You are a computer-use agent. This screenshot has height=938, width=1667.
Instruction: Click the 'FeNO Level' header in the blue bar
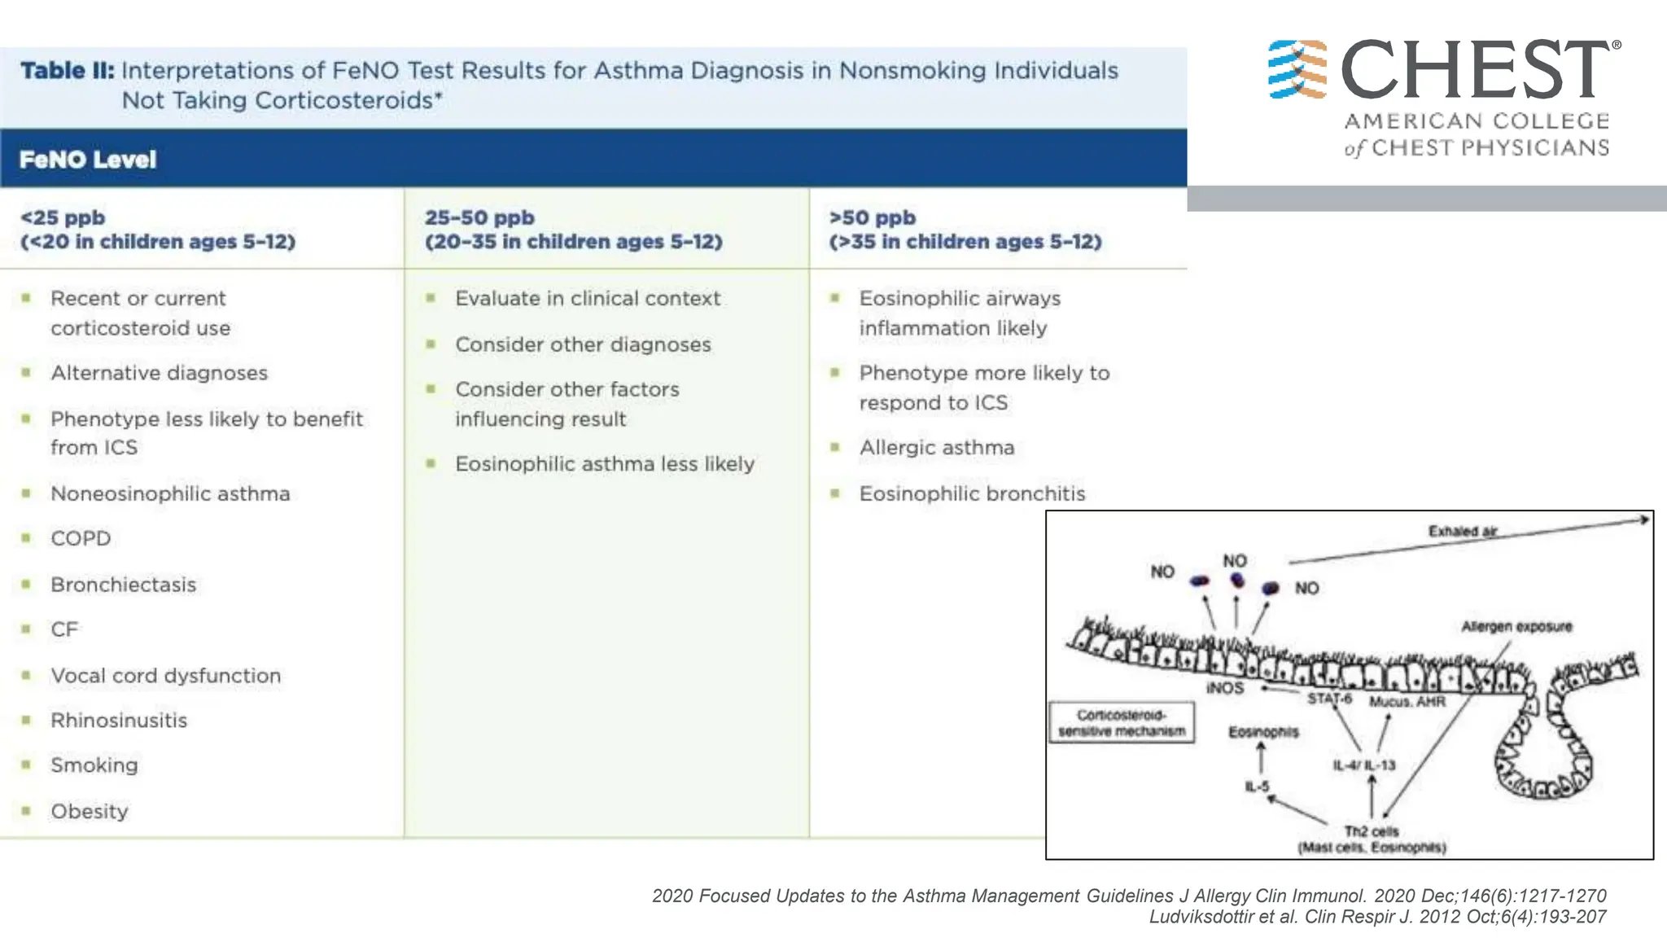click(x=88, y=160)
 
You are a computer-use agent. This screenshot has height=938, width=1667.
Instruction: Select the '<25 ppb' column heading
click(x=63, y=218)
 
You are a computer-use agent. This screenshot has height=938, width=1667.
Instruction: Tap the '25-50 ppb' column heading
click(x=479, y=218)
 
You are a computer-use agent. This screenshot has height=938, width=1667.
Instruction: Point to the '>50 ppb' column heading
click(x=872, y=218)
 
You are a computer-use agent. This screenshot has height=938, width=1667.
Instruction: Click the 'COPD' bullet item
click(x=81, y=539)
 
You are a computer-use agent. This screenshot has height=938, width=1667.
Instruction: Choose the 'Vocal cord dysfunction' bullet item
click(x=165, y=676)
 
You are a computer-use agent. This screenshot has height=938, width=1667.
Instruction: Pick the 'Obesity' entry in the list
click(x=90, y=812)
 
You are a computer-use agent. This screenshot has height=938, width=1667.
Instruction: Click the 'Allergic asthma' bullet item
click(x=937, y=448)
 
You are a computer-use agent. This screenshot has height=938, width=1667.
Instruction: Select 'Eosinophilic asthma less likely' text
click(x=605, y=464)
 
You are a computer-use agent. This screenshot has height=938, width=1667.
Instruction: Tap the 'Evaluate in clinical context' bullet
click(x=587, y=299)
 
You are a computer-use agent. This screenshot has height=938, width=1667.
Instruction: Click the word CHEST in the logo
click(x=1474, y=71)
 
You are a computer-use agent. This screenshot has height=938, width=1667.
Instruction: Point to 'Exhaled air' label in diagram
click(x=1463, y=531)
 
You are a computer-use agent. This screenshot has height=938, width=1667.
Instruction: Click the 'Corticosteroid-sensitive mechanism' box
click(x=1122, y=723)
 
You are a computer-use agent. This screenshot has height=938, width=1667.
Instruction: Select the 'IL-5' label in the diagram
click(x=1257, y=787)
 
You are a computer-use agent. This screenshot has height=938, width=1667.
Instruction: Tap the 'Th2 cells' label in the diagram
click(x=1371, y=831)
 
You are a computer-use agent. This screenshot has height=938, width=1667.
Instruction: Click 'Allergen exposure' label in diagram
click(x=1516, y=626)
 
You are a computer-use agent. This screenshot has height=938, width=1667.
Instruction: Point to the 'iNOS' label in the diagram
click(x=1225, y=688)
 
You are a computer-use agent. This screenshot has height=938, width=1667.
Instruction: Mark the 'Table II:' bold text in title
click(x=68, y=71)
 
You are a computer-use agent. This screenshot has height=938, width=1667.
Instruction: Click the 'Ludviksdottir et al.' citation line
click(x=1377, y=917)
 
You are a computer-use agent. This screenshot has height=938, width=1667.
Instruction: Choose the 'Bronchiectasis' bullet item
click(x=124, y=585)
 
